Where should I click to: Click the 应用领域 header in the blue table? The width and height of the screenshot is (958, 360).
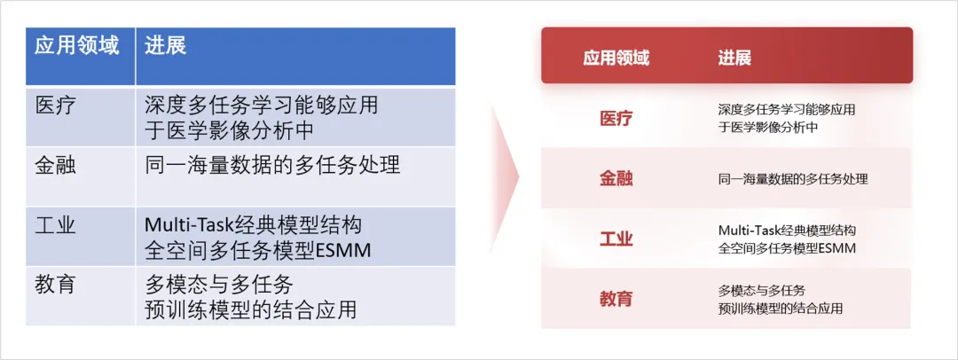(76, 46)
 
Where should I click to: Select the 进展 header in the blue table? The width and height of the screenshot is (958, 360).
(165, 46)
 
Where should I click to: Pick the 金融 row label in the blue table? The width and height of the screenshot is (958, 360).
(56, 165)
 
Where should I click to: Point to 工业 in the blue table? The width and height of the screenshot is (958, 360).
(56, 224)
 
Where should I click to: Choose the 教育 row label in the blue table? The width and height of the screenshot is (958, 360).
(56, 284)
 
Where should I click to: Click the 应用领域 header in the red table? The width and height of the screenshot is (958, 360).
(616, 59)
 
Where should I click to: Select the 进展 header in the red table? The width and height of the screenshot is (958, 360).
(734, 59)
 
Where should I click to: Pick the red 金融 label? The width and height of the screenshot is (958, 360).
(616, 178)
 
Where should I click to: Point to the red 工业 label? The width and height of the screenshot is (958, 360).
(616, 239)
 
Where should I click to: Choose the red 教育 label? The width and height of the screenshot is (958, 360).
(616, 299)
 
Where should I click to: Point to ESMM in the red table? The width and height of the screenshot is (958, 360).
(836, 248)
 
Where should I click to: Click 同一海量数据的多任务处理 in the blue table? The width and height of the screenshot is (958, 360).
(272, 165)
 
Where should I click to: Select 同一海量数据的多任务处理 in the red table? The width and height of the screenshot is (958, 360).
(793, 179)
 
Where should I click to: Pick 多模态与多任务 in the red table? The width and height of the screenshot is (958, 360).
(761, 290)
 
